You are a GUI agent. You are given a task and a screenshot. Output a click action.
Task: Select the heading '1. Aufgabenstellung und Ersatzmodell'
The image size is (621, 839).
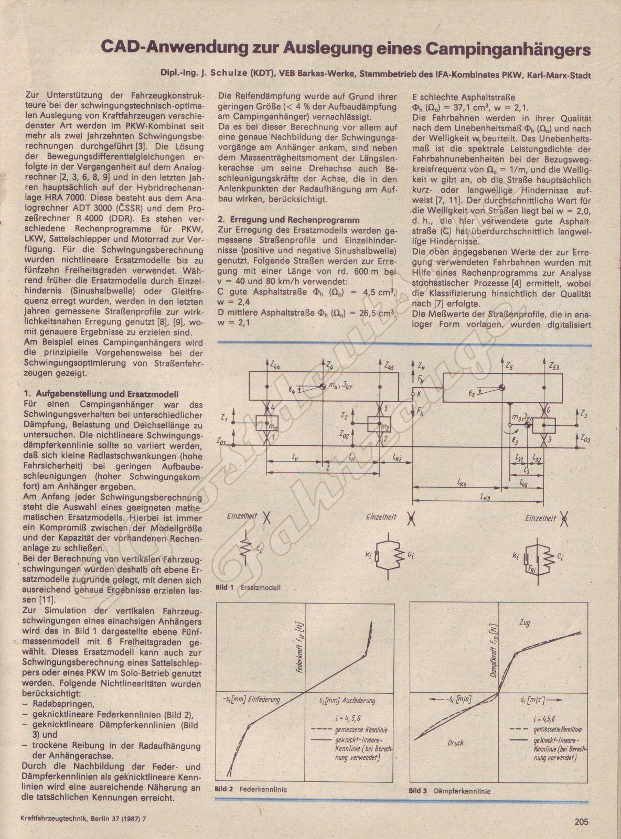(102, 394)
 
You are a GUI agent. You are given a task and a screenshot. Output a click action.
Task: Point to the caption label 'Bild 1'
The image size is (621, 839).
(225, 587)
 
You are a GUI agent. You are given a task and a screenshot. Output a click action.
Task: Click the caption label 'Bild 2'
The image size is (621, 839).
(224, 789)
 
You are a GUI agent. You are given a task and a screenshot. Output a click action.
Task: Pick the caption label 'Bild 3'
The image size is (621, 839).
(418, 791)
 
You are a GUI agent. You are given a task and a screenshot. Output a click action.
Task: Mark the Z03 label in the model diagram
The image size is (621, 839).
(587, 437)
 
